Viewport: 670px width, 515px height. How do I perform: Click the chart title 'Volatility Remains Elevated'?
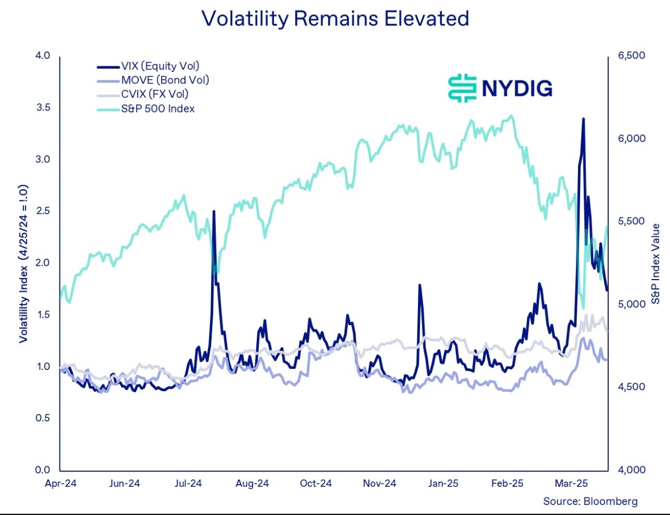335,19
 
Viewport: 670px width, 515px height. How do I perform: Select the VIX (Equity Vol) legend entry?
148,66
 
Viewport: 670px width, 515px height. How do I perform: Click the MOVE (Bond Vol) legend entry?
153,80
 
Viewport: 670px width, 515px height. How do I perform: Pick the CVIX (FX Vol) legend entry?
143,94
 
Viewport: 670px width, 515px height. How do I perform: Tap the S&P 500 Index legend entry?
146,109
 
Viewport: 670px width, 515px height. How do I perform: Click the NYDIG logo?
500,88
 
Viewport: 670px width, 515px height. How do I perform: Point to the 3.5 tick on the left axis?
43,107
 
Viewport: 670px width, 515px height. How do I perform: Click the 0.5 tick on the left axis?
43,418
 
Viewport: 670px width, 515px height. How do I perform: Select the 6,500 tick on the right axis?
632,55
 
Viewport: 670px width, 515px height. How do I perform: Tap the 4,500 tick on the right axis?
632,386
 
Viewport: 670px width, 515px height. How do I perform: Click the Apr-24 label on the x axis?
61,483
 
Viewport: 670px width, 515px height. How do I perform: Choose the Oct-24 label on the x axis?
316,483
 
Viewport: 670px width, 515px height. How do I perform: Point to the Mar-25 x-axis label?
571,483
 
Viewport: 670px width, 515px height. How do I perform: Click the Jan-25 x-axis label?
443,483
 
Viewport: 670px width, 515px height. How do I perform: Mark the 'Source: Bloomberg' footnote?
590,501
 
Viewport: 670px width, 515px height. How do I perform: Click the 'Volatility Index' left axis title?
23,264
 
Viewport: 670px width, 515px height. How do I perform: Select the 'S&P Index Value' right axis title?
655,264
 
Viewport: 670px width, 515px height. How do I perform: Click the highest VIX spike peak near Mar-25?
583,119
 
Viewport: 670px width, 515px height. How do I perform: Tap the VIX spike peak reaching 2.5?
214,212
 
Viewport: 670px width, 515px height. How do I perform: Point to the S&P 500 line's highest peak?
511,116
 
